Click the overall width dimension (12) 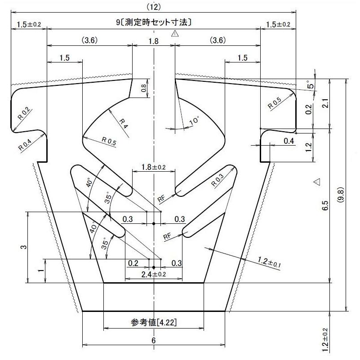click(153, 6)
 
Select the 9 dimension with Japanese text click(153, 22)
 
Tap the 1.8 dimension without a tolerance click(153, 40)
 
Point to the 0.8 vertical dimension click(143, 88)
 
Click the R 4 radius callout click(124, 124)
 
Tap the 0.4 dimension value click(289, 142)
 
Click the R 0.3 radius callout click(218, 179)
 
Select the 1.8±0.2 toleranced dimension click(153, 167)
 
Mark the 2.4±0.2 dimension click(154, 274)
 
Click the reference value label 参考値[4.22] click(153, 323)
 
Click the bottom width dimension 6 click(153, 340)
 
